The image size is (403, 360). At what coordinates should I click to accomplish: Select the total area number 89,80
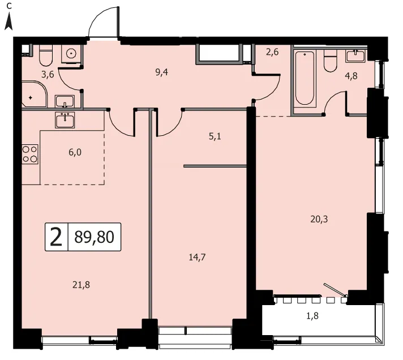(x=95, y=237)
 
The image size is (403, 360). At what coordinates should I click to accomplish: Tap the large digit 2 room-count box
(x=56, y=237)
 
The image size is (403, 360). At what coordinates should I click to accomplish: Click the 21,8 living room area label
(x=81, y=285)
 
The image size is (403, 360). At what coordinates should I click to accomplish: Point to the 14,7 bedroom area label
(x=197, y=257)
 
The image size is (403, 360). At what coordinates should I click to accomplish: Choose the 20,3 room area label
(x=319, y=220)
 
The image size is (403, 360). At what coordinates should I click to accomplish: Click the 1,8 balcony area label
(x=312, y=316)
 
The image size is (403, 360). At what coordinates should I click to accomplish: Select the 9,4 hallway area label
(x=162, y=72)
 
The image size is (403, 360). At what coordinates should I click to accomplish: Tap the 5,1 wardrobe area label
(x=215, y=136)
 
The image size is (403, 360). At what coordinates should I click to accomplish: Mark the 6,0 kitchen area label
(x=75, y=152)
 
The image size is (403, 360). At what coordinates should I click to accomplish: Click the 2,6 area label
(x=272, y=52)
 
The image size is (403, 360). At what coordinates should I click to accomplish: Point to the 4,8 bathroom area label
(x=351, y=76)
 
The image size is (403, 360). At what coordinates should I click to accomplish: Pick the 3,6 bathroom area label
(x=48, y=75)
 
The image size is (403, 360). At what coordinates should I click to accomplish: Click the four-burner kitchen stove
(x=30, y=154)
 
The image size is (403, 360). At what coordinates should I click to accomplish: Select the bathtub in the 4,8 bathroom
(x=305, y=78)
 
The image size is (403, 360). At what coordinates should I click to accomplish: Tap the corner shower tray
(x=34, y=94)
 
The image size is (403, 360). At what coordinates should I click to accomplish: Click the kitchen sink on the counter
(x=65, y=120)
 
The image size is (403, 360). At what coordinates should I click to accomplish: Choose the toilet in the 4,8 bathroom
(x=330, y=61)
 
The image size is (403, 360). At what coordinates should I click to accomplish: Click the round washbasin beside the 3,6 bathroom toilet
(x=71, y=53)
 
